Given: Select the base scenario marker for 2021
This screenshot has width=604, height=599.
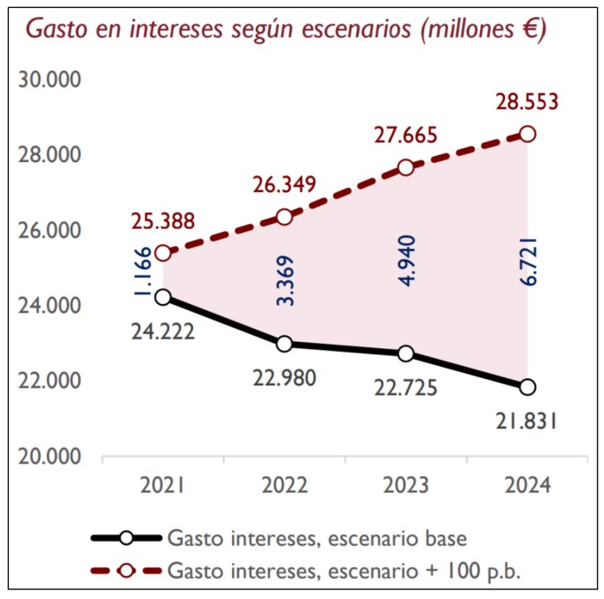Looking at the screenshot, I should [163, 297].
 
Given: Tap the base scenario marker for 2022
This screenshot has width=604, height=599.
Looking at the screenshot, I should [284, 344].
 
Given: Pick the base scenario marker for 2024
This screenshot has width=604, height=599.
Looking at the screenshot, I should [528, 386].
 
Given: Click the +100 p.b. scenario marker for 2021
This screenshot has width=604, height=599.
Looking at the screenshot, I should [163, 253].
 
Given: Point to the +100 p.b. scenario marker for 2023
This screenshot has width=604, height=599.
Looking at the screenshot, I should [406, 167].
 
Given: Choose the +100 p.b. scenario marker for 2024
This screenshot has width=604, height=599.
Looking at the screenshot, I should [528, 134].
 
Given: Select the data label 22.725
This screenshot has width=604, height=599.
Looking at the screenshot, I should [406, 387].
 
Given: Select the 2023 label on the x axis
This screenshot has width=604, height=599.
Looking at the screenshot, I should [406, 486].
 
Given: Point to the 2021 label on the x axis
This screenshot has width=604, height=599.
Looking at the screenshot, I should [163, 486].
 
